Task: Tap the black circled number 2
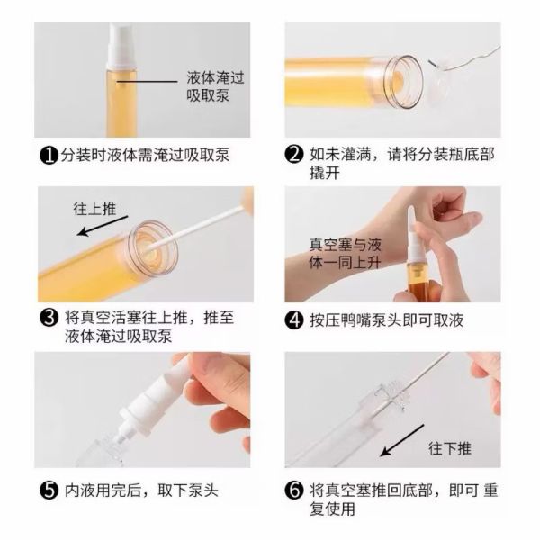pyautogui.click(x=293, y=155)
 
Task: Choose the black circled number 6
pyautogui.click(x=293, y=491)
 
